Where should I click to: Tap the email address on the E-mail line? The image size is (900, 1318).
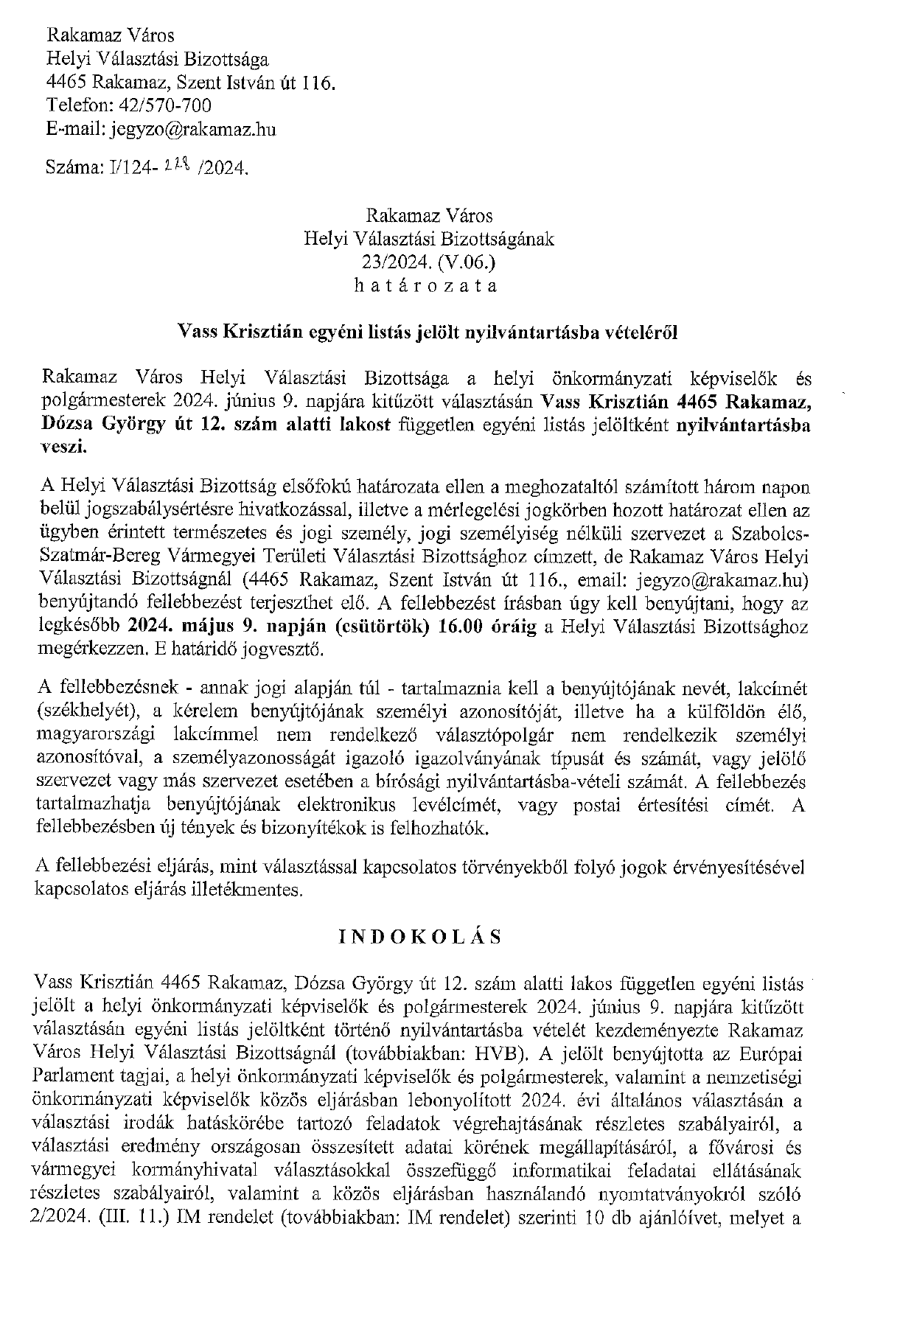pos(193,130)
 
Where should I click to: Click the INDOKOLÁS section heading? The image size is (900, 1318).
pos(420,937)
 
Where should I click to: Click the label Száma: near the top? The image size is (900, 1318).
pos(72,169)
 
